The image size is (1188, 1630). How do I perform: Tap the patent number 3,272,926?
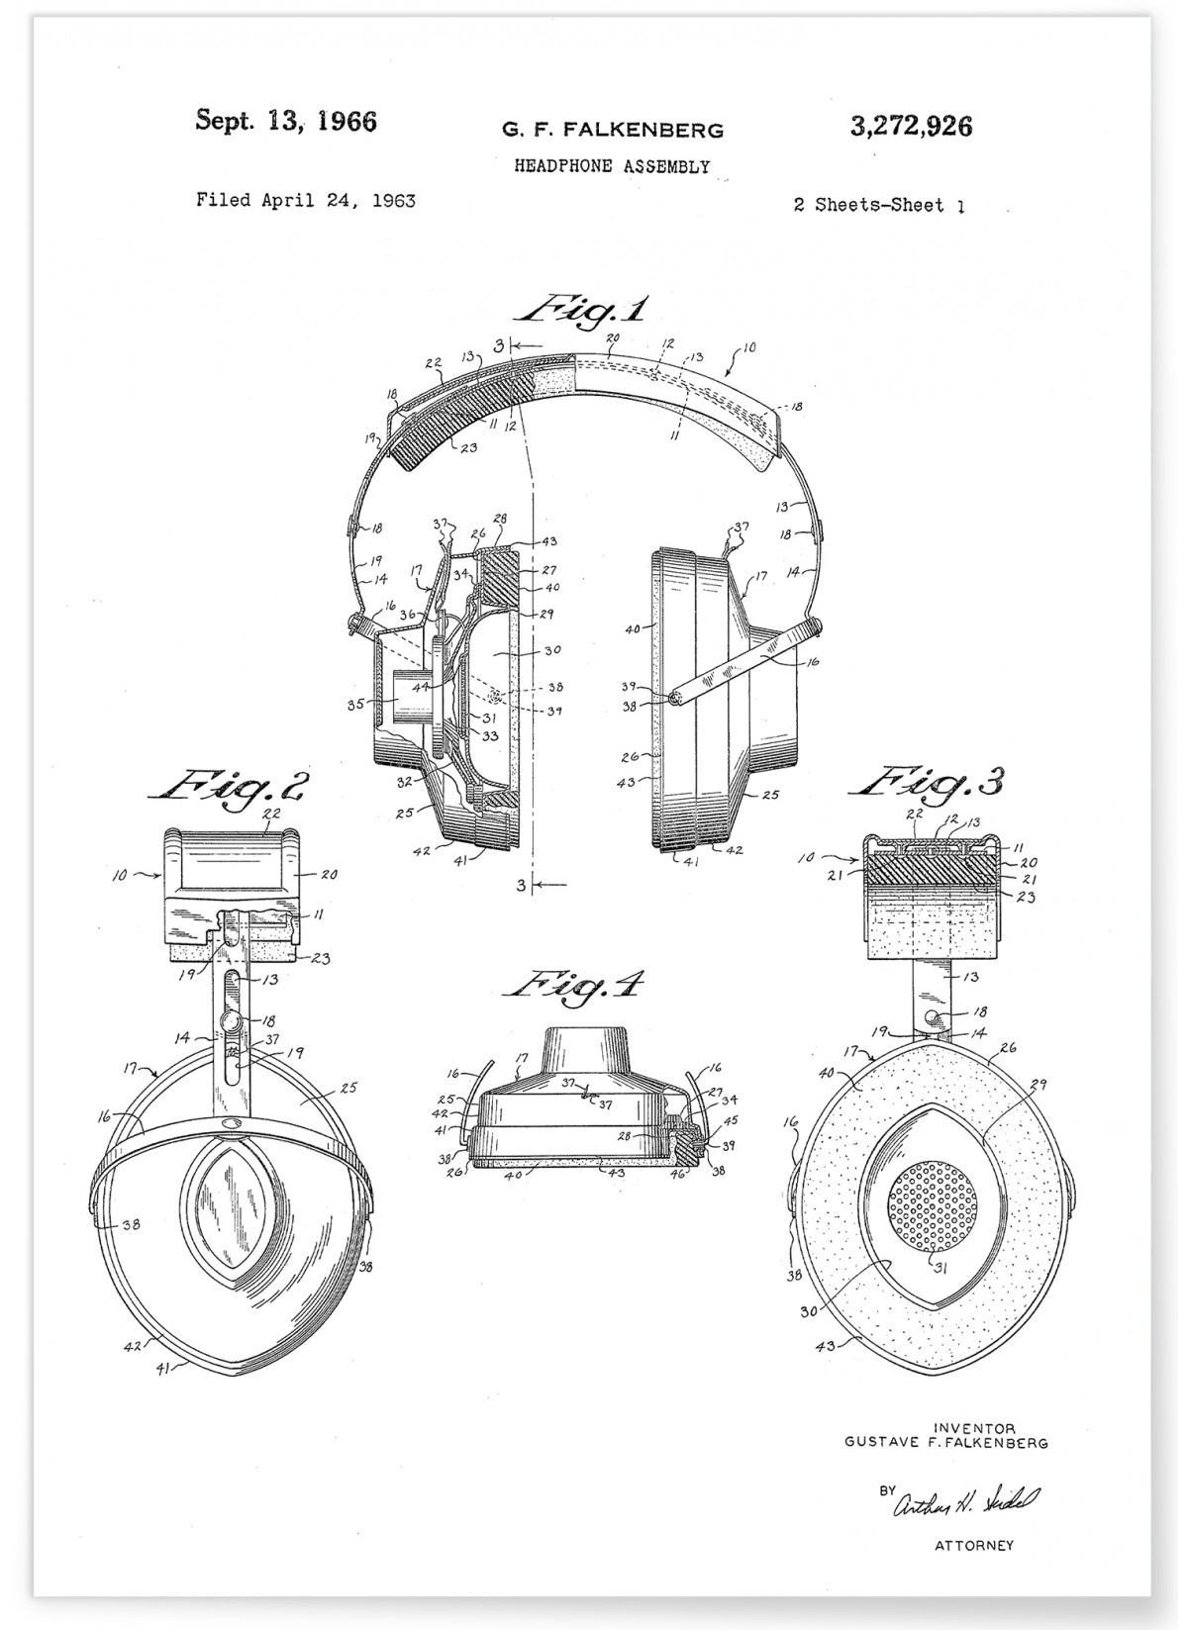(910, 126)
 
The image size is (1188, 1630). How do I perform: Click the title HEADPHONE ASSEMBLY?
(612, 166)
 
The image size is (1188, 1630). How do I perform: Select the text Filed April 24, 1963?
(305, 201)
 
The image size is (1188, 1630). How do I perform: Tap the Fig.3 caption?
(928, 782)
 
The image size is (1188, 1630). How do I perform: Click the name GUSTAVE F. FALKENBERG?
(945, 1443)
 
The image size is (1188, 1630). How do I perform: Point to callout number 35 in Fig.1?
(355, 705)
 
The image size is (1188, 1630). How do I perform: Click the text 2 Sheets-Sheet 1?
(878, 206)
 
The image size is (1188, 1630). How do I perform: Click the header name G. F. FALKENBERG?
(613, 130)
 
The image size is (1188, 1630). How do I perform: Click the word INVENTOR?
(974, 1428)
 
